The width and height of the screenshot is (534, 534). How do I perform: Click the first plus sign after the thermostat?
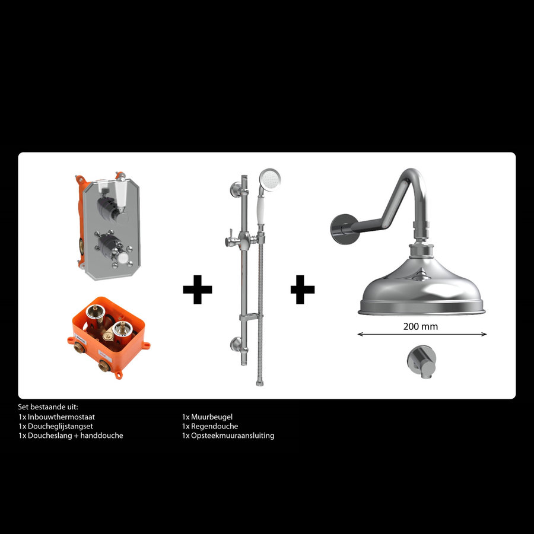[197, 290]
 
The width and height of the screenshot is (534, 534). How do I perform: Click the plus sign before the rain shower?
[303, 290]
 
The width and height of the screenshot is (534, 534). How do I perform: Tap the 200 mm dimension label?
[421, 326]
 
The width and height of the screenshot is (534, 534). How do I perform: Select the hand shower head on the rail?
[271, 178]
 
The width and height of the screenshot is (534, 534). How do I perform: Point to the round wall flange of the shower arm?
[339, 225]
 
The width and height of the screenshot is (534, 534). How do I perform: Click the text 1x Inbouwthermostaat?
[57, 417]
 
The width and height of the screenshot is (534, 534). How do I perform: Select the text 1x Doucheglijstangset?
[56, 426]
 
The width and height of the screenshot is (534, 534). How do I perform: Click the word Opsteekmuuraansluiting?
[232, 436]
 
